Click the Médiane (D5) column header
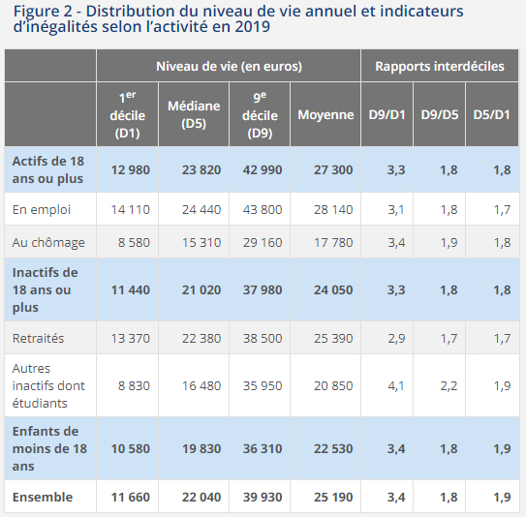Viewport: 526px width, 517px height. point(194,114)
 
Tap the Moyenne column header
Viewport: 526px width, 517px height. point(325,114)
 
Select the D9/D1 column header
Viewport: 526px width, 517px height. point(387,114)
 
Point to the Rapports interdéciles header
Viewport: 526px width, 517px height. point(440,66)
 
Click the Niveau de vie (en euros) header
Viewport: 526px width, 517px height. point(229,66)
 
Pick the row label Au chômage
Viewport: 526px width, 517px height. point(48,242)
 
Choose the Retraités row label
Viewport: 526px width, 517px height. point(38,338)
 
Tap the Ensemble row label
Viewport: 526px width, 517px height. point(43,497)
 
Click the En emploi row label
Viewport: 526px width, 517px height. point(42,209)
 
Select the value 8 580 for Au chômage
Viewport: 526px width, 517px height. point(134,242)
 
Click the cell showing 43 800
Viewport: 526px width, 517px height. point(263,209)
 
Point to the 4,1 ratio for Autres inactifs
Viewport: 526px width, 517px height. point(396,385)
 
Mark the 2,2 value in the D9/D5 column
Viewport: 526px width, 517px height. point(449,385)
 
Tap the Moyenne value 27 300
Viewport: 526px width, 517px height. point(333,169)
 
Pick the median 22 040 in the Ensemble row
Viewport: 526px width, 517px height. point(201,497)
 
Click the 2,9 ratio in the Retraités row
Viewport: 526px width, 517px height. point(396,338)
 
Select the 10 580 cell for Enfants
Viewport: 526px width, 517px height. point(130,448)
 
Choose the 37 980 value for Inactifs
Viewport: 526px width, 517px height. point(263,289)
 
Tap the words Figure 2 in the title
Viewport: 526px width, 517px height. point(43,12)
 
